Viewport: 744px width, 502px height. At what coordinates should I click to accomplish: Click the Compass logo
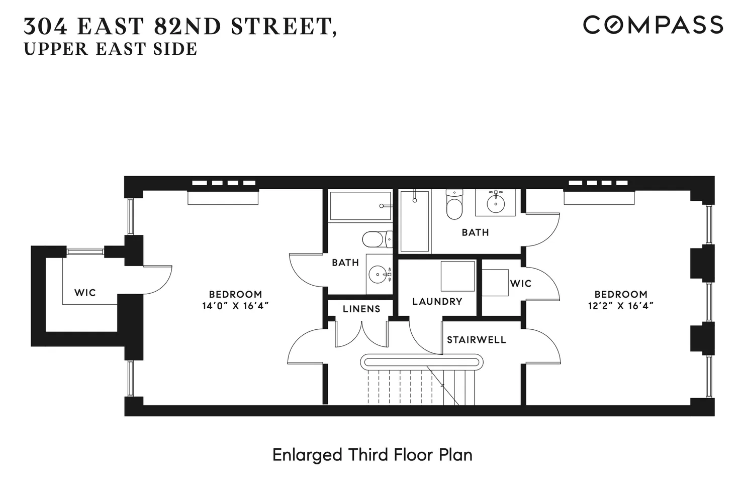click(653, 25)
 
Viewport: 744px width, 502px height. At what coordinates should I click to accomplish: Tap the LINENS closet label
click(361, 309)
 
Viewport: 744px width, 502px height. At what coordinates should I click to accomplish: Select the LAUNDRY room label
click(437, 301)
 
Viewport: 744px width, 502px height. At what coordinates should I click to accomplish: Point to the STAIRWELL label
click(476, 340)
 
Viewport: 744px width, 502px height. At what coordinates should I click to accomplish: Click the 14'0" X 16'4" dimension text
click(235, 306)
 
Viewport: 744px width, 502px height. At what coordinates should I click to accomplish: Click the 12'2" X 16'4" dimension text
click(620, 306)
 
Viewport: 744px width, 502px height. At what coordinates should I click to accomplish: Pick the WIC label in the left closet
click(85, 292)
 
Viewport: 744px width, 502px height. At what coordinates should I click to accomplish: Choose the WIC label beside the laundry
click(520, 284)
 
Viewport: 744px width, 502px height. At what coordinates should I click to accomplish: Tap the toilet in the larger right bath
click(454, 206)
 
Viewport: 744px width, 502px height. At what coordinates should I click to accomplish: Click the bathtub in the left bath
click(360, 206)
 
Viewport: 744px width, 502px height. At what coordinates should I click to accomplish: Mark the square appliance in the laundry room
click(457, 276)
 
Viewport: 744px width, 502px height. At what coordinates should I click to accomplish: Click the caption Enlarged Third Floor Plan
click(372, 455)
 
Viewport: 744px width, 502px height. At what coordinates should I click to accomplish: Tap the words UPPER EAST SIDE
click(111, 49)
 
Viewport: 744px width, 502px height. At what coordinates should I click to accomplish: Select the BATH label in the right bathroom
click(475, 232)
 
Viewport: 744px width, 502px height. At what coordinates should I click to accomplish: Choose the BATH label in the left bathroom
click(345, 263)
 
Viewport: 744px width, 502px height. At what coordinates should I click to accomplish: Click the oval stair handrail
click(421, 362)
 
